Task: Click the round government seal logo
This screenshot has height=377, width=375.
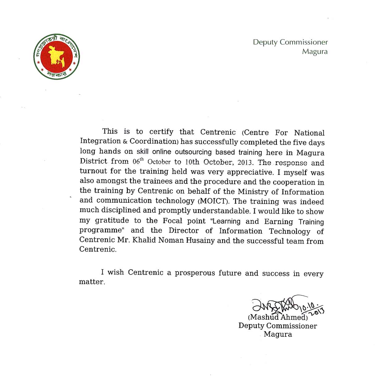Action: pos(57,57)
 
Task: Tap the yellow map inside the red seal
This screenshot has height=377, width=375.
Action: pos(56,56)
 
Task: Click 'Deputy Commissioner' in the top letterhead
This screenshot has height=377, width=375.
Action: pos(290,42)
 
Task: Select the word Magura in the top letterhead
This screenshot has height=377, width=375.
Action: pos(315,51)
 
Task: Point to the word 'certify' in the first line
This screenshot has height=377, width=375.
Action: pos(161,132)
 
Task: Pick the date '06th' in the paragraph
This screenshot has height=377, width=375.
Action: pos(138,161)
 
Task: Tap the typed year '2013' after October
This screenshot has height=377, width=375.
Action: pos(245,162)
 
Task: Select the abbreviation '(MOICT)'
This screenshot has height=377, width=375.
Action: pos(213,201)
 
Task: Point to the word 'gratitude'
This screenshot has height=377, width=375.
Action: pos(112,220)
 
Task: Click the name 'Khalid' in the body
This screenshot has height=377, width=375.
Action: pos(144,240)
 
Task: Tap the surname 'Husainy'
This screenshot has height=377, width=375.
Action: pos(200,240)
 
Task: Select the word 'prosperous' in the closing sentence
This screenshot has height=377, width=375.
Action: pos(195,273)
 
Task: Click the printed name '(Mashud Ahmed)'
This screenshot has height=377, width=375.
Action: pos(278,317)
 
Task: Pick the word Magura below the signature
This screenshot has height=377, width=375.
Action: pos(278,334)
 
